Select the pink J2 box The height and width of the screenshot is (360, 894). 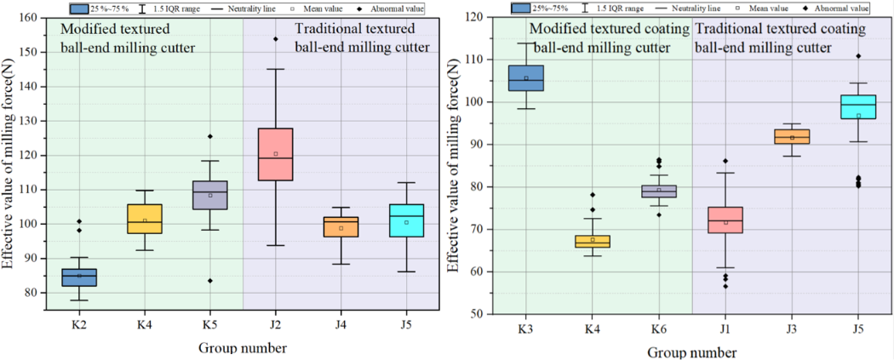pos(276,154)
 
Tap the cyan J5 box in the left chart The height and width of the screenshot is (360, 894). pos(407,220)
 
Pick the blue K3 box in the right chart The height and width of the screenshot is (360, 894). pos(526,78)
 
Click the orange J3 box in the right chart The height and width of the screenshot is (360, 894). pos(792,136)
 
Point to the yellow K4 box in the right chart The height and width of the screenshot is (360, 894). pos(592,241)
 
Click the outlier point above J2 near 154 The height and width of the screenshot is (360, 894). pos(276,38)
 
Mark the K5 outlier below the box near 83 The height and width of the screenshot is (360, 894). pos(210,281)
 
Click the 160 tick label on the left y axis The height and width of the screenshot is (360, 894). pos(26,17)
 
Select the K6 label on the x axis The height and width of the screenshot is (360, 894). pos(659,328)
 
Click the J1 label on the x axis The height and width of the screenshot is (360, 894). pos(725,328)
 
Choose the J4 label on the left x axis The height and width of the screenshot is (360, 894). pos(341,326)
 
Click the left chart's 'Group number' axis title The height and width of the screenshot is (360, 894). pos(243,347)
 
